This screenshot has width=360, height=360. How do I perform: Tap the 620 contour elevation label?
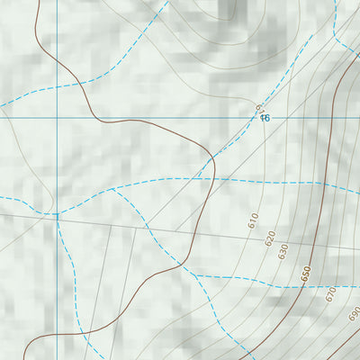(269, 238)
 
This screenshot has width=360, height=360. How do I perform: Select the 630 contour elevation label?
(283, 251)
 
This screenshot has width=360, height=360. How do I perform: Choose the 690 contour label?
(353, 314)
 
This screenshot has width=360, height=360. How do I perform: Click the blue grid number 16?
(265, 118)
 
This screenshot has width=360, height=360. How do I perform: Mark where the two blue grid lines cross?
(56, 116)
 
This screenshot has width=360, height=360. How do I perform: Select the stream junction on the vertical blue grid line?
(57, 215)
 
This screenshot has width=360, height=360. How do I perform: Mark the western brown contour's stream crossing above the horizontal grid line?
(78, 85)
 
